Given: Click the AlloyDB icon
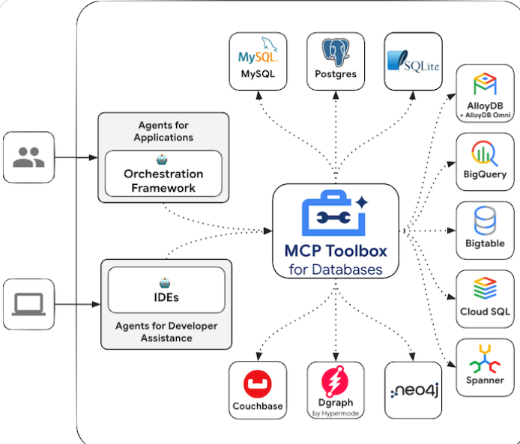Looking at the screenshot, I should click(485, 83).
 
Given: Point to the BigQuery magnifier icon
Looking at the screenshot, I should click(485, 153).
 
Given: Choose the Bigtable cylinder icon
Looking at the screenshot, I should click(485, 222).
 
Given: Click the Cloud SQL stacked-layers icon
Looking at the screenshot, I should click(485, 288).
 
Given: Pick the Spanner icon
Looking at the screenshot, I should click(485, 357).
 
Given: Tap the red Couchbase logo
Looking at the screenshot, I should click(258, 386).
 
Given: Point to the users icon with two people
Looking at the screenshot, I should click(28, 156).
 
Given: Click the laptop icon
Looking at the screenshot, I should click(28, 304).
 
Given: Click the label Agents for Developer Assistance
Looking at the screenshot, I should click(165, 332).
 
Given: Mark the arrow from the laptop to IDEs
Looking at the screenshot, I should click(77, 304).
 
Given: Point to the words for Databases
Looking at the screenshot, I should click(334, 270).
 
